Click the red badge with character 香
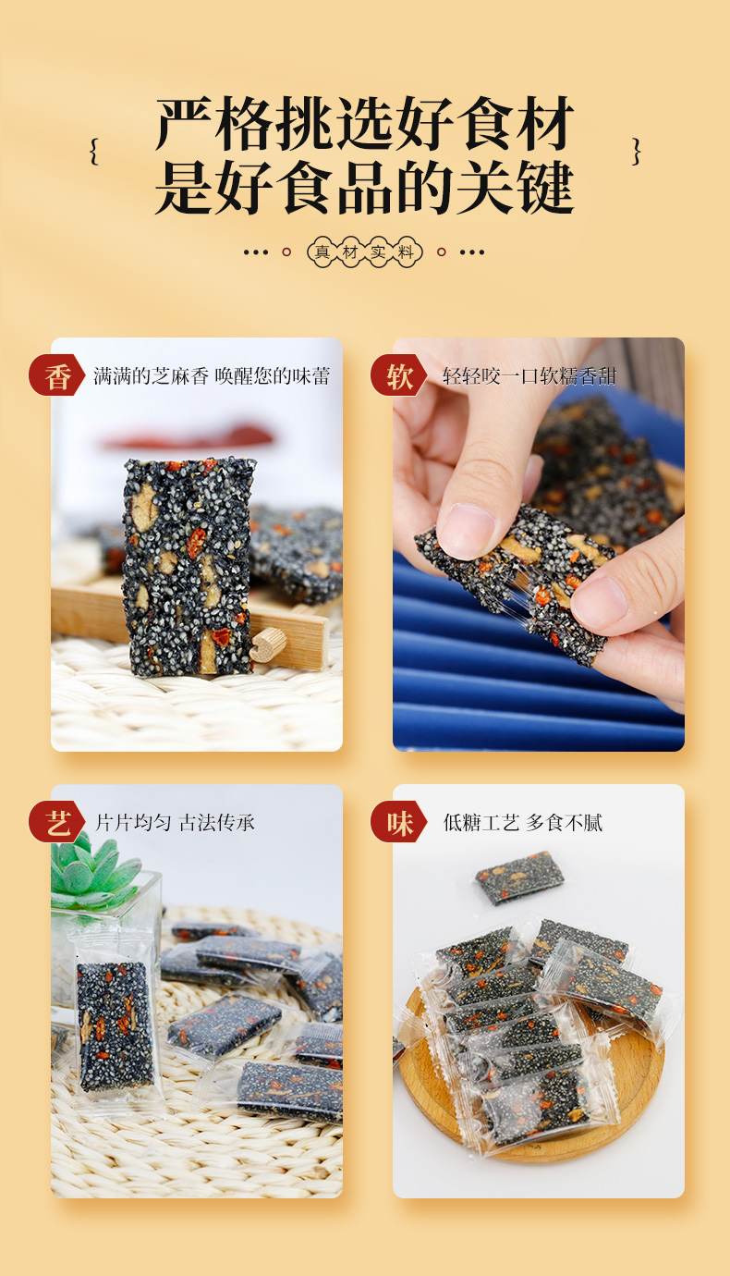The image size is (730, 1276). (57, 376)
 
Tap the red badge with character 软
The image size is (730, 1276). (399, 376)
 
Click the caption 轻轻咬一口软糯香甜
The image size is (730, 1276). (529, 376)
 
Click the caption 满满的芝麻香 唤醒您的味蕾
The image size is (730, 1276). (212, 376)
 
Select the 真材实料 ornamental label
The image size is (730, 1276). (364, 252)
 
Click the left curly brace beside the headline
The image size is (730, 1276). (93, 152)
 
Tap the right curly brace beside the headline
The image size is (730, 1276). (636, 152)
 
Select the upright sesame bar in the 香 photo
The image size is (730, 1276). (189, 566)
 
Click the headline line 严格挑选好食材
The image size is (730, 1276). (364, 123)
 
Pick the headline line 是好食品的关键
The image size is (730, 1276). (364, 188)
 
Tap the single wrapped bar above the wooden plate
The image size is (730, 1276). (519, 875)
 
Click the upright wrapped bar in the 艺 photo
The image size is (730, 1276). (115, 1026)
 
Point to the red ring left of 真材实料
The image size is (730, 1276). (286, 252)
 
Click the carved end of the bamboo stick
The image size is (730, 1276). (269, 645)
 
